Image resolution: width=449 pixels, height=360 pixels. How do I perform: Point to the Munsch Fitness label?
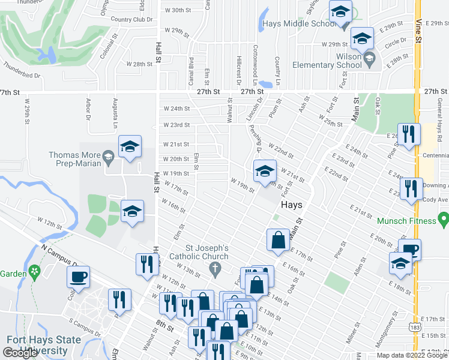click(x=406, y=221)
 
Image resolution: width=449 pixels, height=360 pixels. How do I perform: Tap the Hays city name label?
click(x=291, y=204)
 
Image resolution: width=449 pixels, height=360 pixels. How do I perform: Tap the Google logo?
click(x=20, y=353)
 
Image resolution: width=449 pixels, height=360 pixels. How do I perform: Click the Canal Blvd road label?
click(x=191, y=70)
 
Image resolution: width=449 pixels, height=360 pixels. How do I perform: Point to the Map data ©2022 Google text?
click(x=412, y=355)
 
